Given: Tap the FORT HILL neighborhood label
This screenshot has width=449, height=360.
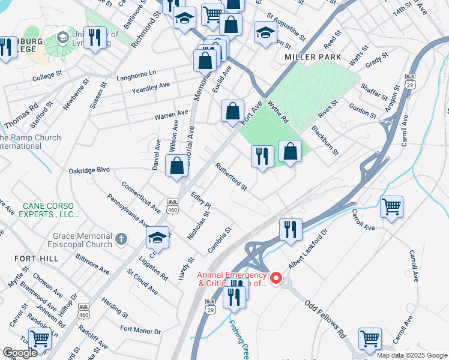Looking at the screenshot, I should click(37, 258).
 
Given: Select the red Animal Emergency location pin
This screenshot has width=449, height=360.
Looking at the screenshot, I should click(276, 278).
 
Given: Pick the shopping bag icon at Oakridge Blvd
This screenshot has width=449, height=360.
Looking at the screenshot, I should click(177, 167).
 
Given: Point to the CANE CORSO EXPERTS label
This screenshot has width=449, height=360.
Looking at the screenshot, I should click(50, 210).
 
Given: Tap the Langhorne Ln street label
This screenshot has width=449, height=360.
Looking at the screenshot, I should click(136, 73).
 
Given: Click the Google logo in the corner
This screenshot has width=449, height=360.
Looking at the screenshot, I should click(20, 352).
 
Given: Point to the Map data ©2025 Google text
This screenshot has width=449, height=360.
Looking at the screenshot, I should click(412, 355).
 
